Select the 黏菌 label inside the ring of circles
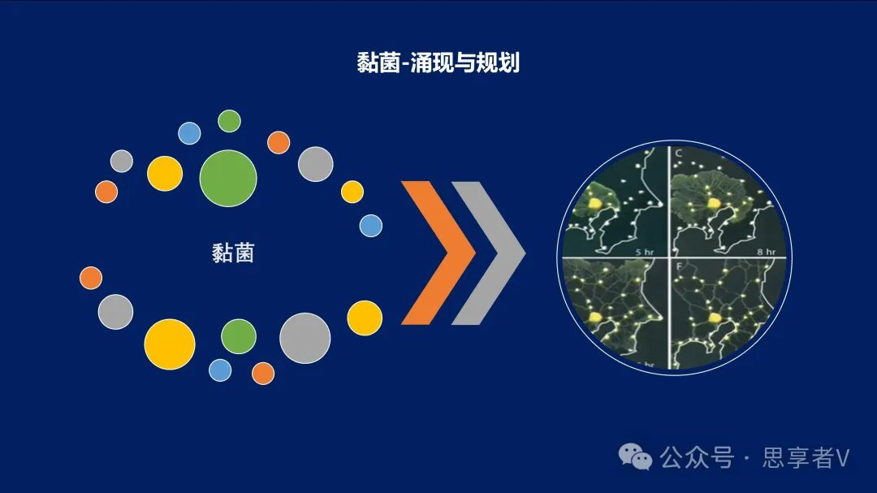(233, 253)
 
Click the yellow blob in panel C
(714, 202)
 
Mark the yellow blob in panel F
(715, 318)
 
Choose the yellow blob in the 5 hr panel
(596, 204)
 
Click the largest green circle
(228, 178)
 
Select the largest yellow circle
(170, 344)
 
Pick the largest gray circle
(305, 338)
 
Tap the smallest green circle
(230, 121)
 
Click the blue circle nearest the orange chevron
(371, 226)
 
